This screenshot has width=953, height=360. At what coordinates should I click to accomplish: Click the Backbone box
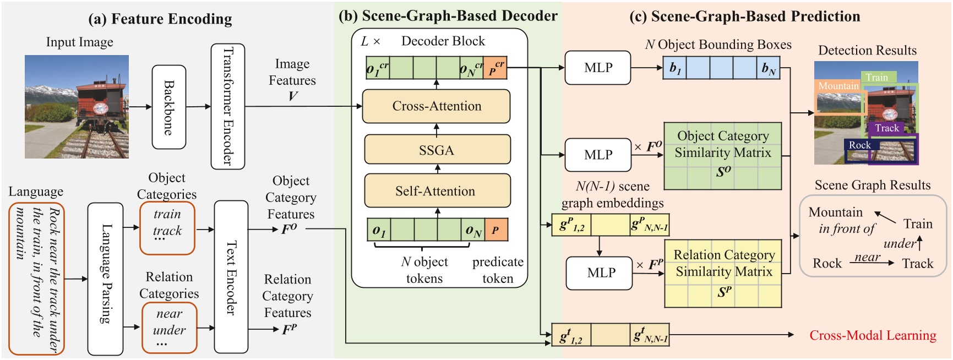[168, 107]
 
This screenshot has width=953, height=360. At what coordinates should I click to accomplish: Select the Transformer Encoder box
[227, 106]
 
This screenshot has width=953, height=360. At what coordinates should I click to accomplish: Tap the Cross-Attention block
[436, 106]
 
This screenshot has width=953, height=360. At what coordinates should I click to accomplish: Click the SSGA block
[437, 150]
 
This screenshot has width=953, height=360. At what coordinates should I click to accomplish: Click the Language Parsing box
[105, 279]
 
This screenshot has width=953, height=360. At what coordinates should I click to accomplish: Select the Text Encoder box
[231, 277]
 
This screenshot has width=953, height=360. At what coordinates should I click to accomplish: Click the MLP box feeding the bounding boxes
[598, 68]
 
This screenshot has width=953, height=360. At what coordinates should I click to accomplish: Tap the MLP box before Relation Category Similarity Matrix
[601, 272]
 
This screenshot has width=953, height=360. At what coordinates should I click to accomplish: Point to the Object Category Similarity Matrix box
[722, 156]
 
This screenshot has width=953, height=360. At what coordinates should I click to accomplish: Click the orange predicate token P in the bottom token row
[495, 230]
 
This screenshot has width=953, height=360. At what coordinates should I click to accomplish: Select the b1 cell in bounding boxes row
[675, 68]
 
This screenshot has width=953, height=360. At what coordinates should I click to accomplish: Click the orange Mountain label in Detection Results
[838, 86]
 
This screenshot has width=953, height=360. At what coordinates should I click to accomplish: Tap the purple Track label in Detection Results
[886, 128]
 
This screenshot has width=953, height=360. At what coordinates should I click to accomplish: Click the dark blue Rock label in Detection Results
[859, 145]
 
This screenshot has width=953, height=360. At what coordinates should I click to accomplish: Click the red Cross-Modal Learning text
[873, 335]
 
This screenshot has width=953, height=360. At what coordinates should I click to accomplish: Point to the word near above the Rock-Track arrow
[867, 257]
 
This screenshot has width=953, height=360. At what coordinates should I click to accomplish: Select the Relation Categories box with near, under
[169, 328]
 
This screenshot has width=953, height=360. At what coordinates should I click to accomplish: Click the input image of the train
[77, 107]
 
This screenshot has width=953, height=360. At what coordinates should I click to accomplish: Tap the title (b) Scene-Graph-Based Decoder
[448, 16]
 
